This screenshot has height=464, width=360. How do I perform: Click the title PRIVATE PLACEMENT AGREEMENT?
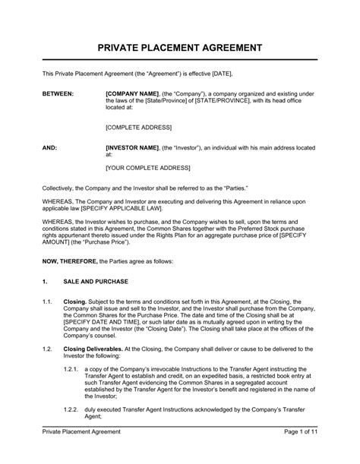pyautogui.click(x=180, y=47)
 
